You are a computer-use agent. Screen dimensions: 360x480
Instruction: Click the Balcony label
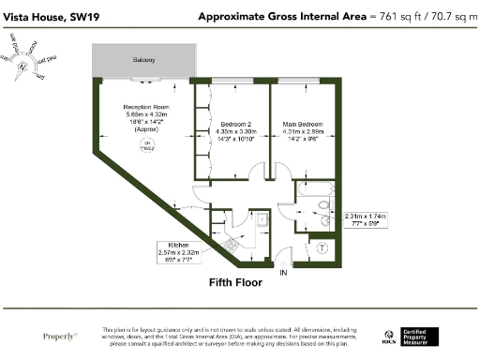pyautogui.click(x=143, y=59)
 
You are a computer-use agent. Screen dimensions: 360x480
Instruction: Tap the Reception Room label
pyautogui.click(x=144, y=109)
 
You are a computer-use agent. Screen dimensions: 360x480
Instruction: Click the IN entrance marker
pyautogui.click(x=282, y=272)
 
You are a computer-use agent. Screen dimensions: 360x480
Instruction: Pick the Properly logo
pyautogui.click(x=60, y=336)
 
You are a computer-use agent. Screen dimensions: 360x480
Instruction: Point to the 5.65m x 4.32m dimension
pyautogui.click(x=144, y=117)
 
